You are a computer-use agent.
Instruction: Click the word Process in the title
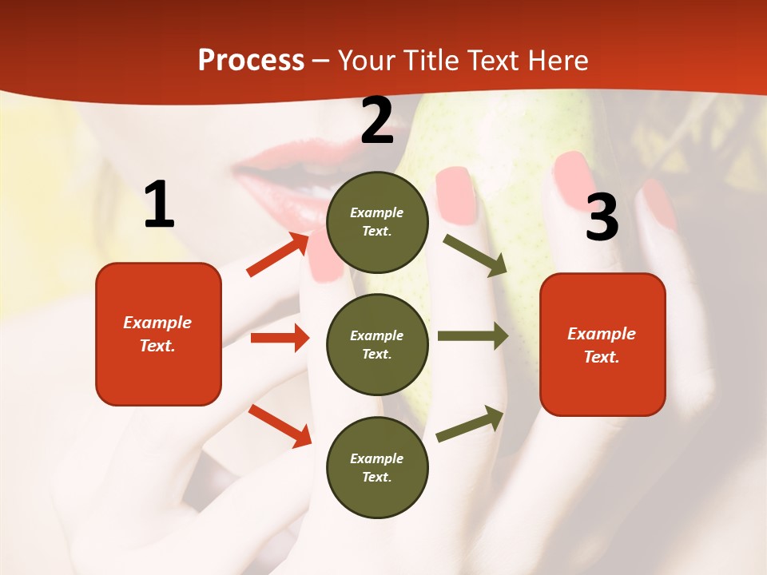pos(251,60)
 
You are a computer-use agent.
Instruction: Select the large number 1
pos(159,205)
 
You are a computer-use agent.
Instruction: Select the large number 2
pos(377,121)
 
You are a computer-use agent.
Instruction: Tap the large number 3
pos(602,217)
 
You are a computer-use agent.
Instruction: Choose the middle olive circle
pos(377,344)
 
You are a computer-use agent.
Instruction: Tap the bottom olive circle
pos(377,467)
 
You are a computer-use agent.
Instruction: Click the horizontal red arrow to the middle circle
pos(280,338)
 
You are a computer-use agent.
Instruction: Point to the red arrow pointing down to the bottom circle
pos(280,425)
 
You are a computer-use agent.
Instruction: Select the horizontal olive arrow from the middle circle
pos(472,335)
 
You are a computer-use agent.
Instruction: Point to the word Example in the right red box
pos(602,334)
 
